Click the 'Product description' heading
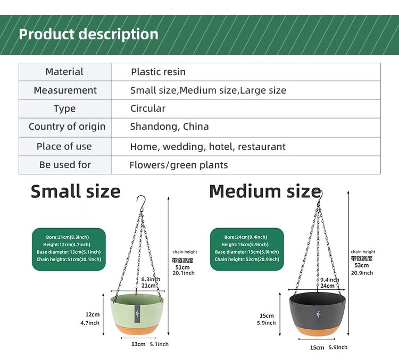[x=88, y=35]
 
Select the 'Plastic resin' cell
[x=158, y=72]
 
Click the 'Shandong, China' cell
[x=169, y=127]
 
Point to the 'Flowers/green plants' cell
[x=178, y=165]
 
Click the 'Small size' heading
[x=76, y=191]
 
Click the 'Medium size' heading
[x=264, y=191]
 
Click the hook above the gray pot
[x=318, y=192]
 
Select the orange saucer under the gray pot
[x=317, y=332]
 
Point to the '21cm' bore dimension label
[x=148, y=286]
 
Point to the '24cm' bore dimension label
[x=327, y=286]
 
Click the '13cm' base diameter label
[x=138, y=344]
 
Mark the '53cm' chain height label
[x=362, y=265]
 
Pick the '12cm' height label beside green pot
[x=93, y=314]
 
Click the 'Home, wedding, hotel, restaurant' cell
[x=207, y=146]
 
